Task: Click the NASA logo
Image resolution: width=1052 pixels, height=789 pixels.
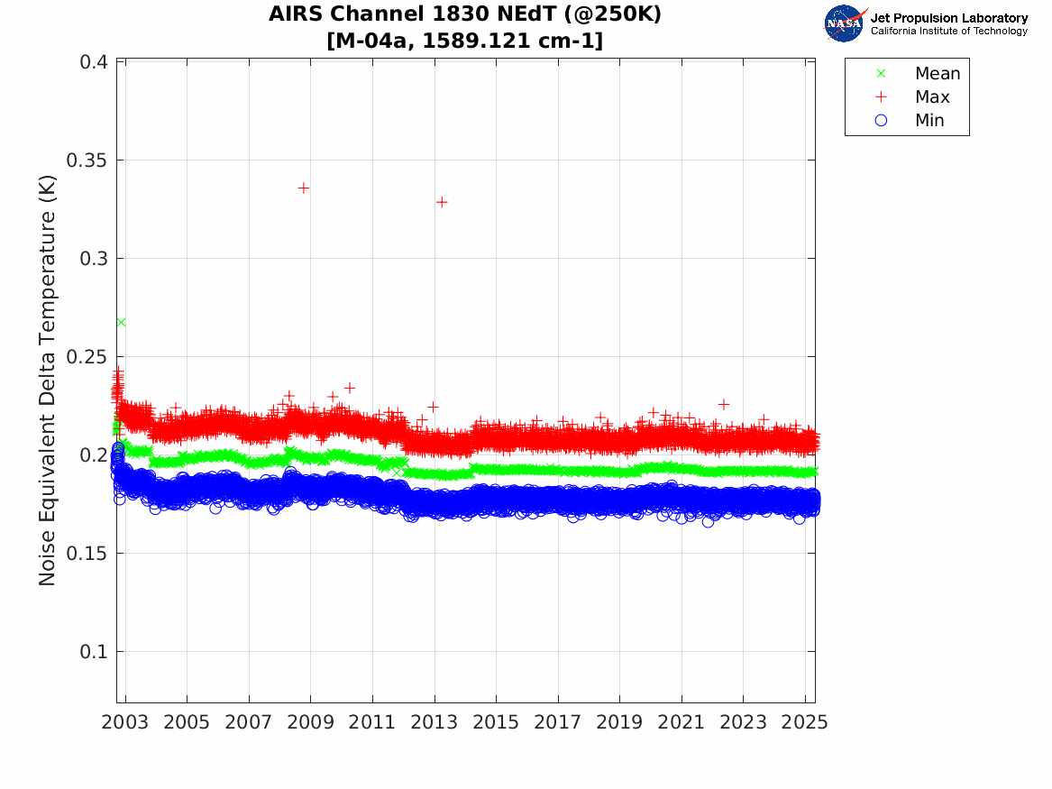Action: click(x=844, y=23)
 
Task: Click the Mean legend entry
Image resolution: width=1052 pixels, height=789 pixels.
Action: click(x=937, y=74)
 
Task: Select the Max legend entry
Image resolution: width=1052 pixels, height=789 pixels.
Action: click(x=931, y=97)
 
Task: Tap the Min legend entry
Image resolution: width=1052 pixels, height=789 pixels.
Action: click(x=929, y=121)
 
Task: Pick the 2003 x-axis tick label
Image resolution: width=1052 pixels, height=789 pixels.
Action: click(x=125, y=722)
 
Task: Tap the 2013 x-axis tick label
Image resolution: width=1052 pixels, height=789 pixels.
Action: click(x=435, y=722)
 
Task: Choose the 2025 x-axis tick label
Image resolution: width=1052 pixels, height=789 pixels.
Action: click(x=805, y=722)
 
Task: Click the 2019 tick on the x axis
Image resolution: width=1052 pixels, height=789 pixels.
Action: click(x=620, y=722)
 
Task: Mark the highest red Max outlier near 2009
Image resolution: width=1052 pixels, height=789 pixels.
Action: click(x=304, y=188)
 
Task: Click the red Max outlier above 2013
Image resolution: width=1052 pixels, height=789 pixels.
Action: click(x=442, y=202)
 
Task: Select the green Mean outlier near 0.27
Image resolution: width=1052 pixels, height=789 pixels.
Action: click(x=121, y=322)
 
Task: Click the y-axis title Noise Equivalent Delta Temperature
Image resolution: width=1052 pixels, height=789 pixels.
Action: click(x=48, y=382)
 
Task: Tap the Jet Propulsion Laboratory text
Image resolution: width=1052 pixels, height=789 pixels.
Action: click(x=949, y=18)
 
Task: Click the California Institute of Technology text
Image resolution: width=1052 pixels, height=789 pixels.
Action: click(x=949, y=32)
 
